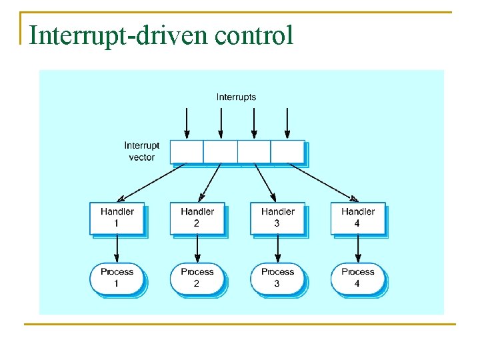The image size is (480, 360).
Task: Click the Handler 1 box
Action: [x=117, y=218]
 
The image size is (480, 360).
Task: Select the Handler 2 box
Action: [x=197, y=218]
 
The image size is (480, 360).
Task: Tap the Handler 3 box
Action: [x=277, y=218]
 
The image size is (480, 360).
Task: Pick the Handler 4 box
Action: [x=357, y=218]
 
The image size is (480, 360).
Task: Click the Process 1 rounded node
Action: [x=117, y=278]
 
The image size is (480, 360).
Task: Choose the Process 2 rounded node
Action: [x=197, y=278]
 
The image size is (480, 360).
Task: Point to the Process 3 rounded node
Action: [x=277, y=278]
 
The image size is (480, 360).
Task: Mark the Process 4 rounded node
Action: [x=357, y=278]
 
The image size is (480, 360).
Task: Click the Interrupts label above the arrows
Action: [x=236, y=97]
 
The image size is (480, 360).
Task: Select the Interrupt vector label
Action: [x=141, y=151]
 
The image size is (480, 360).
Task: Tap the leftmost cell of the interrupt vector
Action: [x=187, y=151]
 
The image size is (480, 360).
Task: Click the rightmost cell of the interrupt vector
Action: [x=287, y=151]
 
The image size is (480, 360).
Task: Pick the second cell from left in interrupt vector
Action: [x=220, y=151]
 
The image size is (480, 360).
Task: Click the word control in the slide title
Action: [x=254, y=35]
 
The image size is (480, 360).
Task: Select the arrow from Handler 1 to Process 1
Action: [x=117, y=249]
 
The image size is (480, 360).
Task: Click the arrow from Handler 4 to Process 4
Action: [x=358, y=249]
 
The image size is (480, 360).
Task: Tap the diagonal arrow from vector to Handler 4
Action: [x=323, y=182]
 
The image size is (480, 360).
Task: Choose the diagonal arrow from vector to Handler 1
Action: [x=151, y=182]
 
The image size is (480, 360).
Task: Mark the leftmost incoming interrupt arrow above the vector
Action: [x=187, y=123]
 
